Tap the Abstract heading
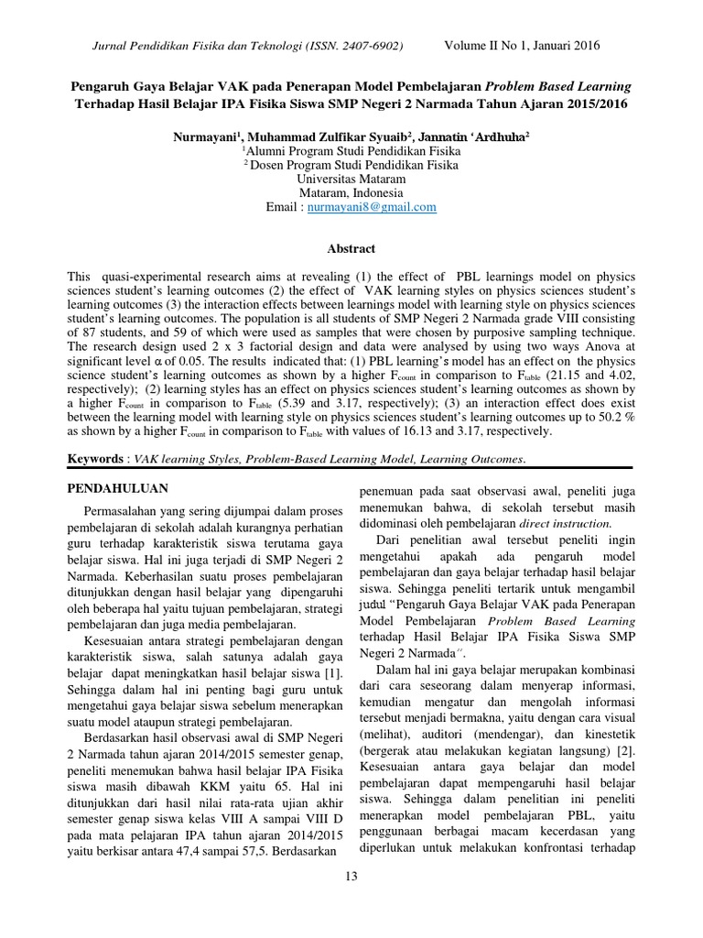coord(351,248)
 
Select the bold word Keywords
coord(95,458)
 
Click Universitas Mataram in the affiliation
coord(351,180)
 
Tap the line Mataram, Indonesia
coord(351,193)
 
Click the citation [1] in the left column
coord(332,674)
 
